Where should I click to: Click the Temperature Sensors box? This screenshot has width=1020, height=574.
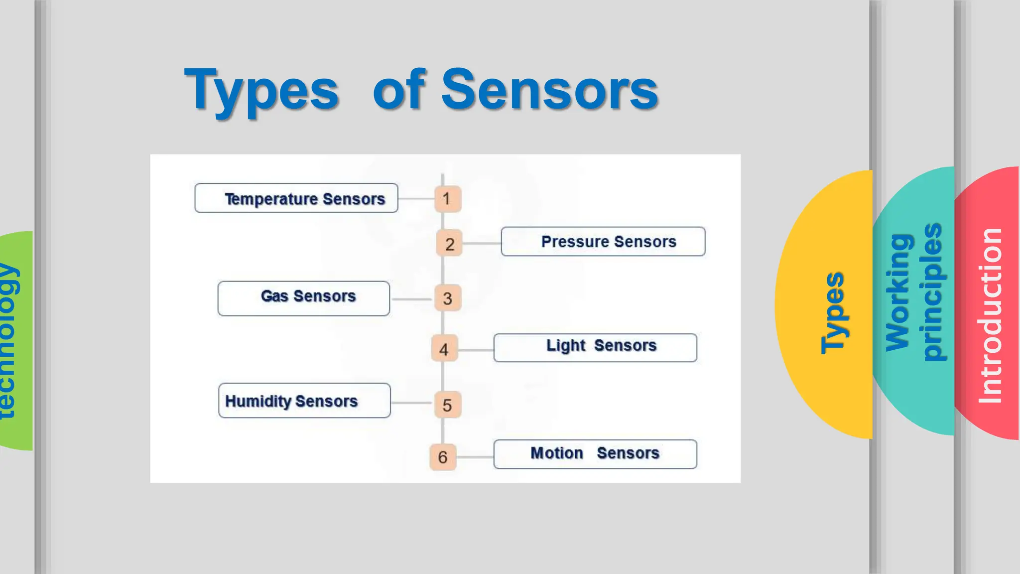[x=296, y=198]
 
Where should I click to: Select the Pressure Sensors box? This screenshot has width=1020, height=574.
[x=603, y=242]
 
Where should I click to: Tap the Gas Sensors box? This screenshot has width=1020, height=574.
[x=304, y=298]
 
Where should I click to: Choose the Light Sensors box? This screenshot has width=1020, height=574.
[x=595, y=347]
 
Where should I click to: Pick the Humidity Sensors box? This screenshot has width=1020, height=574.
[x=304, y=401]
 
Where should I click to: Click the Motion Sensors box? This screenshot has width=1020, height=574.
[x=595, y=454]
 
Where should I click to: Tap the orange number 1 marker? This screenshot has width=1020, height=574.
[x=447, y=199]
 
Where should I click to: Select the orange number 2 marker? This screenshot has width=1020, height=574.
[x=449, y=244]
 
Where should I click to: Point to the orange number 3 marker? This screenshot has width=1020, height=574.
[x=447, y=298]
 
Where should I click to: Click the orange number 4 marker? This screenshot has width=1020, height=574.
[x=444, y=349]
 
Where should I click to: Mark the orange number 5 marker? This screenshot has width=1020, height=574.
[x=447, y=405]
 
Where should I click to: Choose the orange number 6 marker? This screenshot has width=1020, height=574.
[x=443, y=457]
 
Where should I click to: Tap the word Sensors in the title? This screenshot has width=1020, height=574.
[x=550, y=90]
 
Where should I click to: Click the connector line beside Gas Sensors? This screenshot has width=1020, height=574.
[x=411, y=299]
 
